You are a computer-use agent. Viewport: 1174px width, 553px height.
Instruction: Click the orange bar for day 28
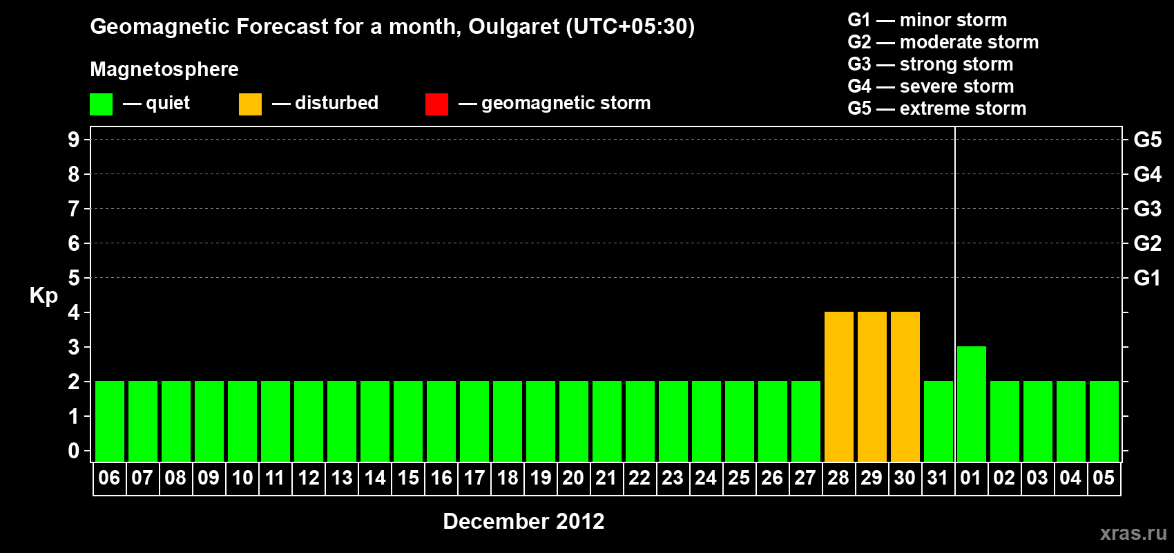[x=838, y=386]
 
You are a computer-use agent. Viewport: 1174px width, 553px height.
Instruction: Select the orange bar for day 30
[x=905, y=386]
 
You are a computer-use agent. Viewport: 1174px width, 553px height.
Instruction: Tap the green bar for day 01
[x=971, y=404]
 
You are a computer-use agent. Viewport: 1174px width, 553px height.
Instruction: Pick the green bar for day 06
[x=110, y=421]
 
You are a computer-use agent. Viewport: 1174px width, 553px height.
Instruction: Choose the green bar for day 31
[x=938, y=421]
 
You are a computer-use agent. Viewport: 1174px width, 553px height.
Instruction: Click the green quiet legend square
[x=101, y=104]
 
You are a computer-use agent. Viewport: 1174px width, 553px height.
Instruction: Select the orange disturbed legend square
[x=250, y=104]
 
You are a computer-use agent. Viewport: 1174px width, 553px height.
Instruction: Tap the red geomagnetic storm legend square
[x=436, y=104]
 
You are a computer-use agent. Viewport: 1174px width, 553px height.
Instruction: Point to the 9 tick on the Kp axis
[x=73, y=140]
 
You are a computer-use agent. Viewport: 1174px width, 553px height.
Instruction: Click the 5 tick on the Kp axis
[x=73, y=278]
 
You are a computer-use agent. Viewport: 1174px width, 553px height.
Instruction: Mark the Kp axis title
[x=44, y=296]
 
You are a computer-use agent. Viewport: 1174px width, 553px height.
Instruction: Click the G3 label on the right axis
[x=1147, y=209]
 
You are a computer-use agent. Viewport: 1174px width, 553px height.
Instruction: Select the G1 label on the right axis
[x=1147, y=278]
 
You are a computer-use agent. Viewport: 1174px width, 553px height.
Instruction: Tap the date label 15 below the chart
[x=408, y=478]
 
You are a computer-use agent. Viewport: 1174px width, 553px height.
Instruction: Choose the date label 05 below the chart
[x=1104, y=478]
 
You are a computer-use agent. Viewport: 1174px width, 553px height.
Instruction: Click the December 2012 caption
[x=523, y=521]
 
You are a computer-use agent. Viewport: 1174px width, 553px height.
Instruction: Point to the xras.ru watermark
[x=1133, y=533]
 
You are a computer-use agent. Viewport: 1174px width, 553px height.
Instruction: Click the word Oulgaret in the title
[x=514, y=27]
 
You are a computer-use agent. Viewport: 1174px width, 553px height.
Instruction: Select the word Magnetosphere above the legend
[x=164, y=69]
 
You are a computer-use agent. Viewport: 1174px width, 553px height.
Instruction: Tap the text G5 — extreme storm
[x=936, y=109]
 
